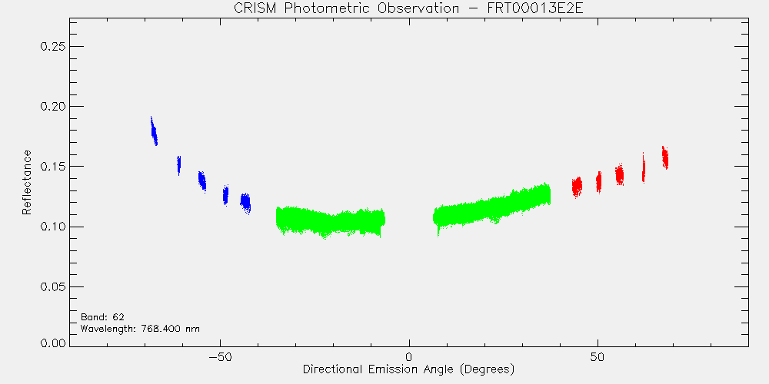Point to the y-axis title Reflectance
pos(26,182)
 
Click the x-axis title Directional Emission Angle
pos(380,369)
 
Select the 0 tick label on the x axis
pos(409,356)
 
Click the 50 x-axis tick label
pos(598,356)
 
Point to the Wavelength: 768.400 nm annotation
pos(140,329)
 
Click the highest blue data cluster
pos(154,131)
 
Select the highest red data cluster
pos(665,157)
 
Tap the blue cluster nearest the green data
pos(246,203)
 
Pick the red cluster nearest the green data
pos(577,187)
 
